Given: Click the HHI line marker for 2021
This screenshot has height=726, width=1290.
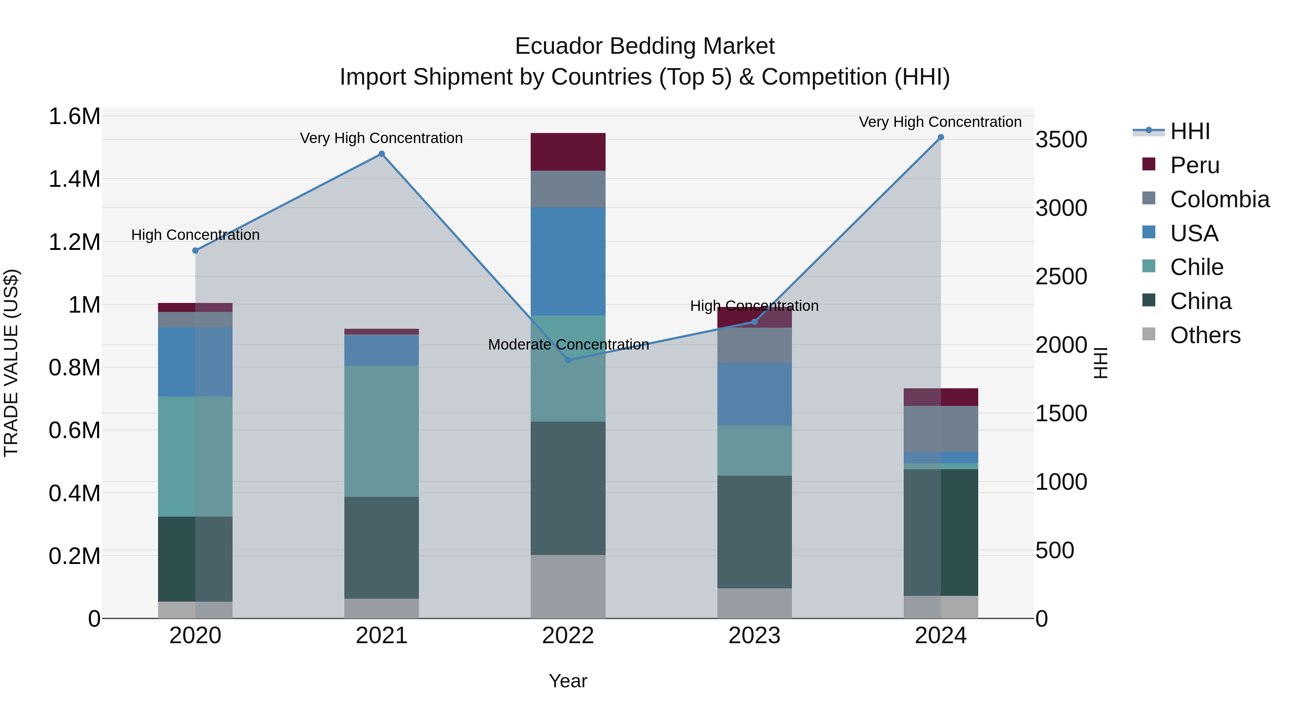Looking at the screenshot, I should tap(382, 154).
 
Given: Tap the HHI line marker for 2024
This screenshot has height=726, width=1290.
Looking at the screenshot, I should tap(941, 137).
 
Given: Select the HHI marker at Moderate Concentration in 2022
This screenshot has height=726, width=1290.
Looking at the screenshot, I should tap(568, 360).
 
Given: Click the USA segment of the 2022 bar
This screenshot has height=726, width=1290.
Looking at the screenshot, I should tap(568, 261).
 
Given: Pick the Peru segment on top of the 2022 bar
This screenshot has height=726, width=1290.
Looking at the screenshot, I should tap(568, 152).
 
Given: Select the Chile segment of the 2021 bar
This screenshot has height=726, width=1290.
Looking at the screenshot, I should tap(382, 431).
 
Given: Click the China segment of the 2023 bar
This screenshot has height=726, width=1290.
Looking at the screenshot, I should tap(754, 532).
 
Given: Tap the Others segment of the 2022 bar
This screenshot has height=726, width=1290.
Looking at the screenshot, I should tap(568, 586).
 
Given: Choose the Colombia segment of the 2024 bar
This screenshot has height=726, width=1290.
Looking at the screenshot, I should tap(941, 429).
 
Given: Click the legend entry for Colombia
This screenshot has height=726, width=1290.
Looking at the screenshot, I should tap(1219, 199).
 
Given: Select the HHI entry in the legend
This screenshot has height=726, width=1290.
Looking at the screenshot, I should tap(1190, 131).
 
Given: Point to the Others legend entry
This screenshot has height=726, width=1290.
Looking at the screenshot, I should tap(1205, 335).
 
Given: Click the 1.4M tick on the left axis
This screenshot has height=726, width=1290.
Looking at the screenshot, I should tap(74, 179).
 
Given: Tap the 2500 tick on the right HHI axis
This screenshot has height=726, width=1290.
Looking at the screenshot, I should tap(1061, 276).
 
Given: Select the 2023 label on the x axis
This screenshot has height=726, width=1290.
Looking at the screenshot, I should tap(754, 636).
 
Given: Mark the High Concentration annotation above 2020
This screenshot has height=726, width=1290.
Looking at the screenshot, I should tap(195, 234).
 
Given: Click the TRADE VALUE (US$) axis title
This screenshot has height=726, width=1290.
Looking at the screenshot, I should tap(11, 363).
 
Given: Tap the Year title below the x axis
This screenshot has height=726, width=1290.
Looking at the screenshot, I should tap(568, 681).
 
